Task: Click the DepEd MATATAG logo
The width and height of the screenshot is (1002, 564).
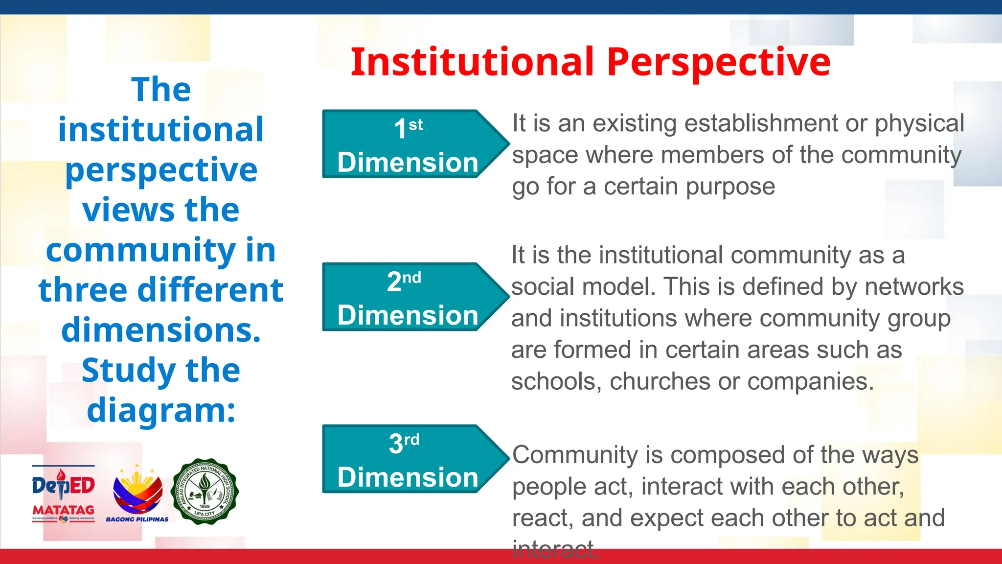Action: click(63, 493)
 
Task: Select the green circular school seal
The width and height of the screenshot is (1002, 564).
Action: click(205, 492)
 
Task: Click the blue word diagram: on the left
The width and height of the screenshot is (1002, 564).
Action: click(161, 410)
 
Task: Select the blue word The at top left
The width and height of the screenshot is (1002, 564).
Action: click(161, 90)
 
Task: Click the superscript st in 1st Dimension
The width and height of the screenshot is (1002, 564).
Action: click(415, 125)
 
